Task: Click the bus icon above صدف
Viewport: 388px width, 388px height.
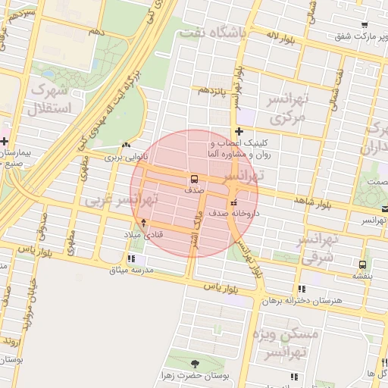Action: (194, 180)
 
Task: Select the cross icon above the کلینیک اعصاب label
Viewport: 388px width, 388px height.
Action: (239, 132)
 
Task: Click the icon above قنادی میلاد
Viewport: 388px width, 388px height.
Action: (144, 224)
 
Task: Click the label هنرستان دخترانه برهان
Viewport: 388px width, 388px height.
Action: (310, 301)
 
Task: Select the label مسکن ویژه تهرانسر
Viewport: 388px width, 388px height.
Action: (289, 343)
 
